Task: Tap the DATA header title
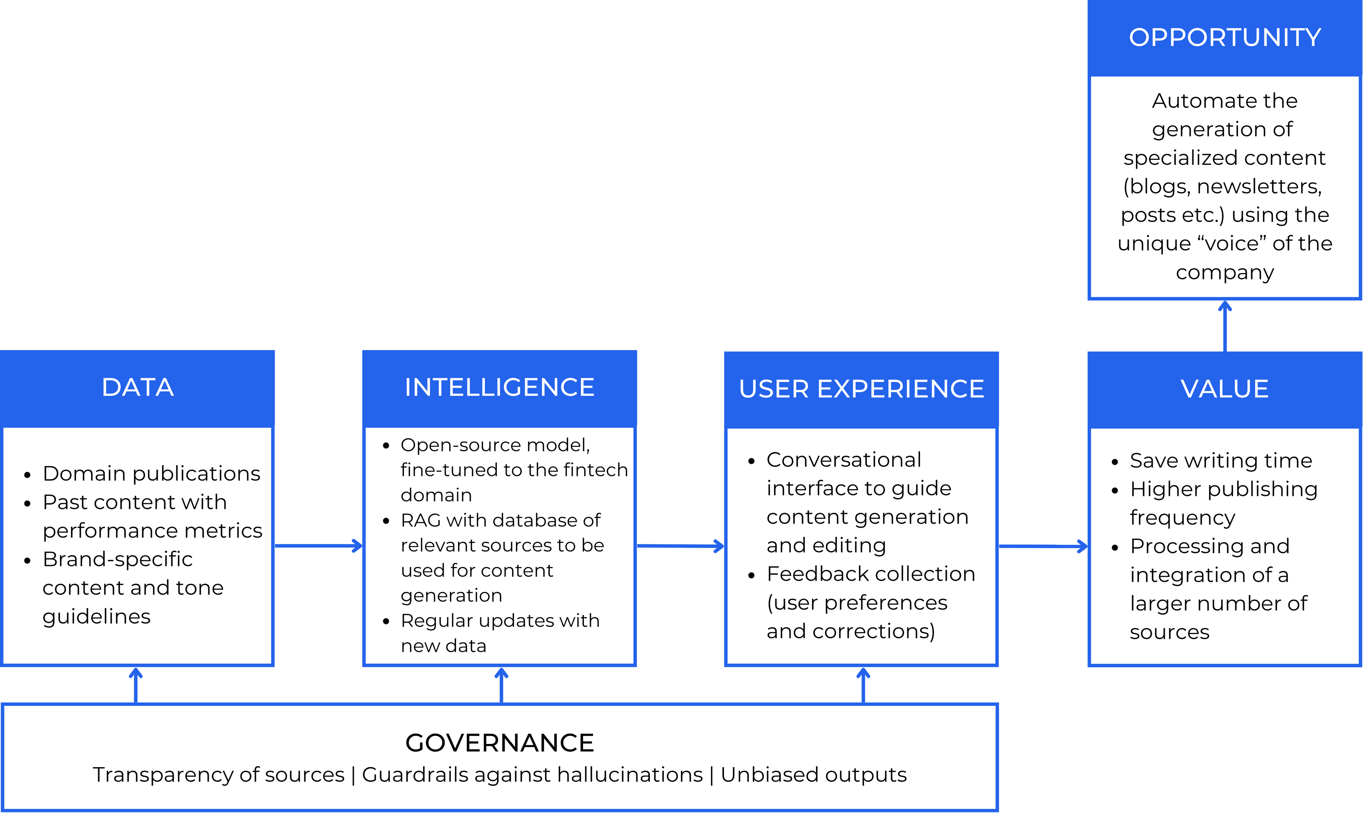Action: click(x=138, y=387)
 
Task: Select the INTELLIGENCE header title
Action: click(x=500, y=387)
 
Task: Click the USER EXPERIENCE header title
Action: click(x=861, y=389)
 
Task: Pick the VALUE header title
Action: click(x=1225, y=389)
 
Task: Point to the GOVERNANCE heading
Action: click(x=500, y=743)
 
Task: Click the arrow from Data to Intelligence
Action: click(x=318, y=546)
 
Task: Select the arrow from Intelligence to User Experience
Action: click(x=680, y=546)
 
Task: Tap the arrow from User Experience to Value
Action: click(x=1043, y=546)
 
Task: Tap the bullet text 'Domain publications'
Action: click(x=151, y=473)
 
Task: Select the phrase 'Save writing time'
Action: click(x=1221, y=461)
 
